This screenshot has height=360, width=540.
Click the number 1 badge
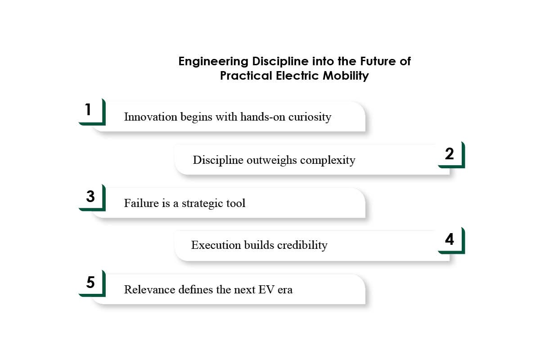89,110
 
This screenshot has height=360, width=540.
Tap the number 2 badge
450,154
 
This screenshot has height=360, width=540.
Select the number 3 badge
90,197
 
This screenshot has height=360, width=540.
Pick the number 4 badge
450,239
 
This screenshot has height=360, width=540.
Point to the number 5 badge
90,283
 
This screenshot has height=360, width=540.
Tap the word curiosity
310,117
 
